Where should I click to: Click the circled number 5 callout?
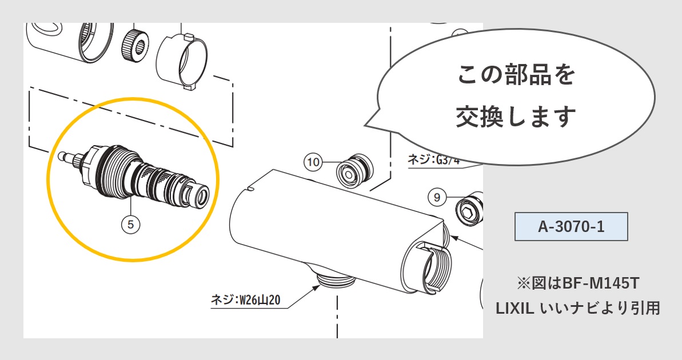[x=130, y=225]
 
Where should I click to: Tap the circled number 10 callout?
[x=313, y=162]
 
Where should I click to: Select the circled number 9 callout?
[x=437, y=198]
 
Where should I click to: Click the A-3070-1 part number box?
[x=571, y=226]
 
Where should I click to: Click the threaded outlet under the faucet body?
[x=334, y=279]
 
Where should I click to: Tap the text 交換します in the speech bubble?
[x=516, y=117]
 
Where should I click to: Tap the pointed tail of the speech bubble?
[x=369, y=125]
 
